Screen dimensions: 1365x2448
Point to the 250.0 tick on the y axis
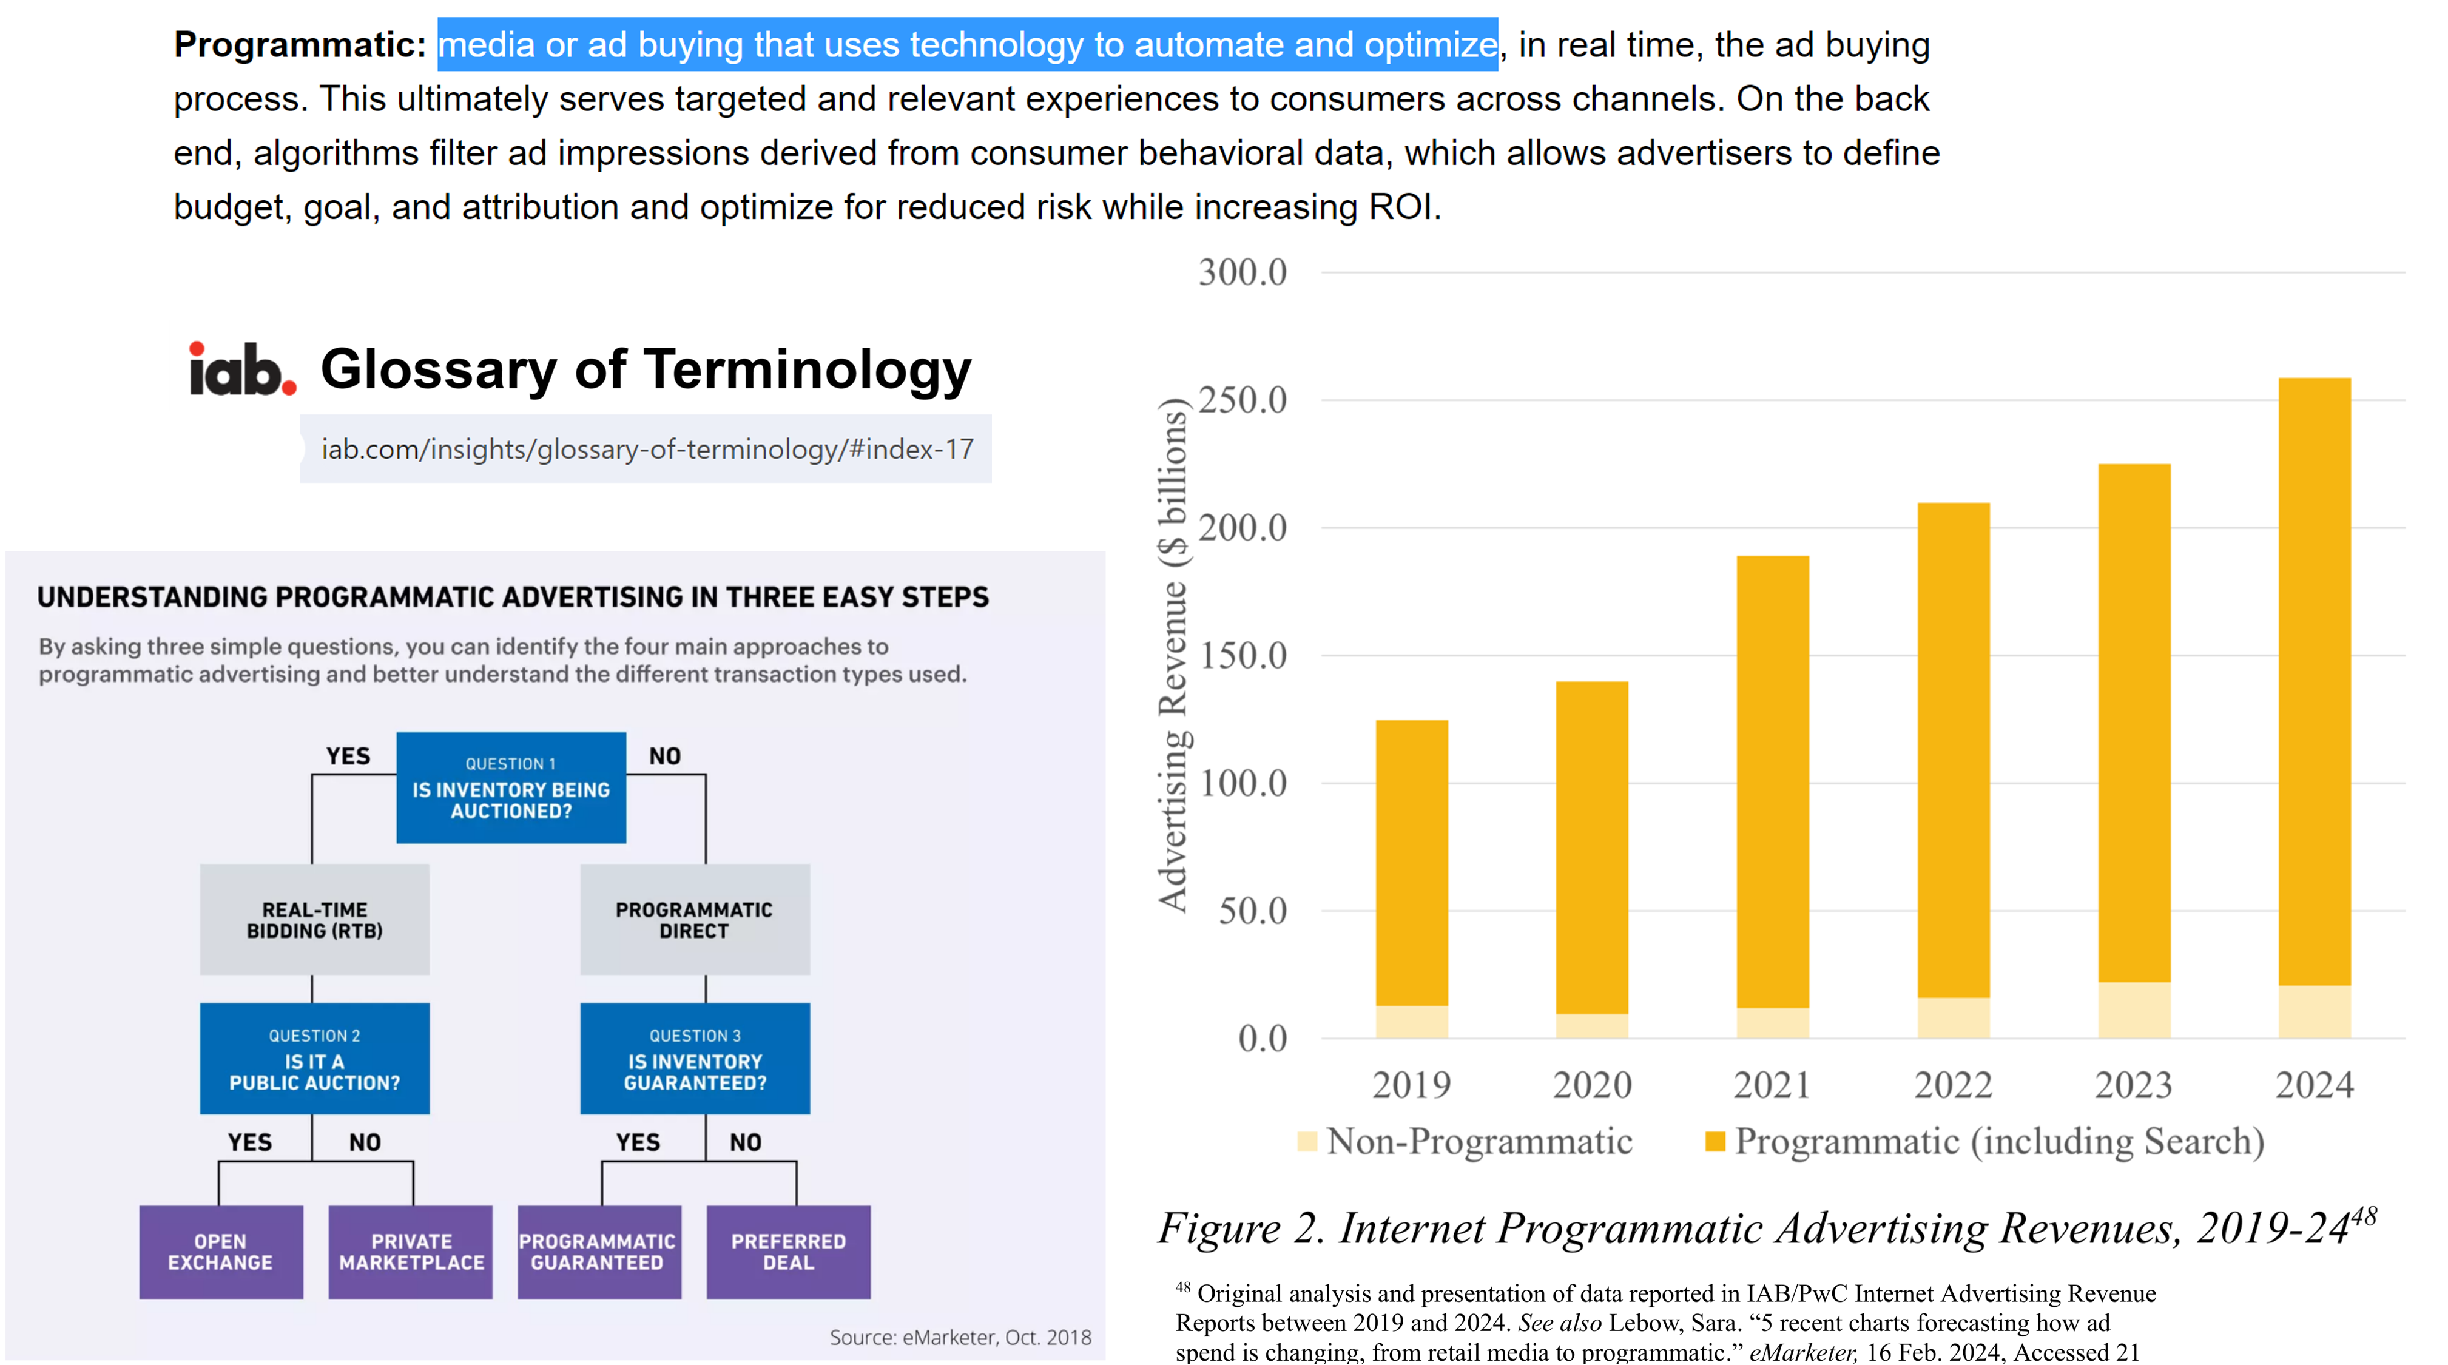pyautogui.click(x=1242, y=400)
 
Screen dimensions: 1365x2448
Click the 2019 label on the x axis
pyautogui.click(x=1411, y=1085)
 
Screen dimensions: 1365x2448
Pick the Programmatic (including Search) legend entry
pyautogui.click(x=1986, y=1141)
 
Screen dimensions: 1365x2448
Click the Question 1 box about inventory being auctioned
pyautogui.click(x=511, y=787)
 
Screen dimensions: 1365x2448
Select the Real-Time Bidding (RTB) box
pyautogui.click(x=314, y=919)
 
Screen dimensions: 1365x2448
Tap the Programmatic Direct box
pyautogui.click(x=695, y=919)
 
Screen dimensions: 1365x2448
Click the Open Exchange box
pyautogui.click(x=220, y=1252)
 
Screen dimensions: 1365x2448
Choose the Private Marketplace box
pyautogui.click(x=411, y=1252)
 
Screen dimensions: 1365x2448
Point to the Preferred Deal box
pyautogui.click(x=788, y=1252)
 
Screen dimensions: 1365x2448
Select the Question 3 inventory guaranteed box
pyautogui.click(x=695, y=1058)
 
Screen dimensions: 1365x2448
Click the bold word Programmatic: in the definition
pyautogui.click(x=299, y=45)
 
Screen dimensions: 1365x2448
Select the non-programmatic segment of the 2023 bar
pyautogui.click(x=2134, y=1009)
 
